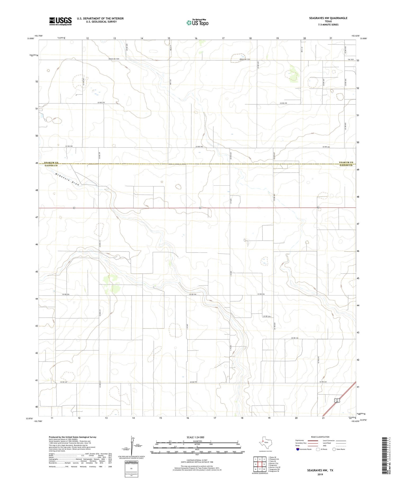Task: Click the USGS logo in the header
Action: tap(60, 21)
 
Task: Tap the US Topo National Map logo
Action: tap(197, 23)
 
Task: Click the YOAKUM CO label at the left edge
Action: tap(51, 163)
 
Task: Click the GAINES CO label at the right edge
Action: tap(346, 165)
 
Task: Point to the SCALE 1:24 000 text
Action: tap(197, 437)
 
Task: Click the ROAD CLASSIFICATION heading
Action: tap(320, 437)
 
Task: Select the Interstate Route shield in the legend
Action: tap(298, 449)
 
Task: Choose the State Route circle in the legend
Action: tap(334, 449)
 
